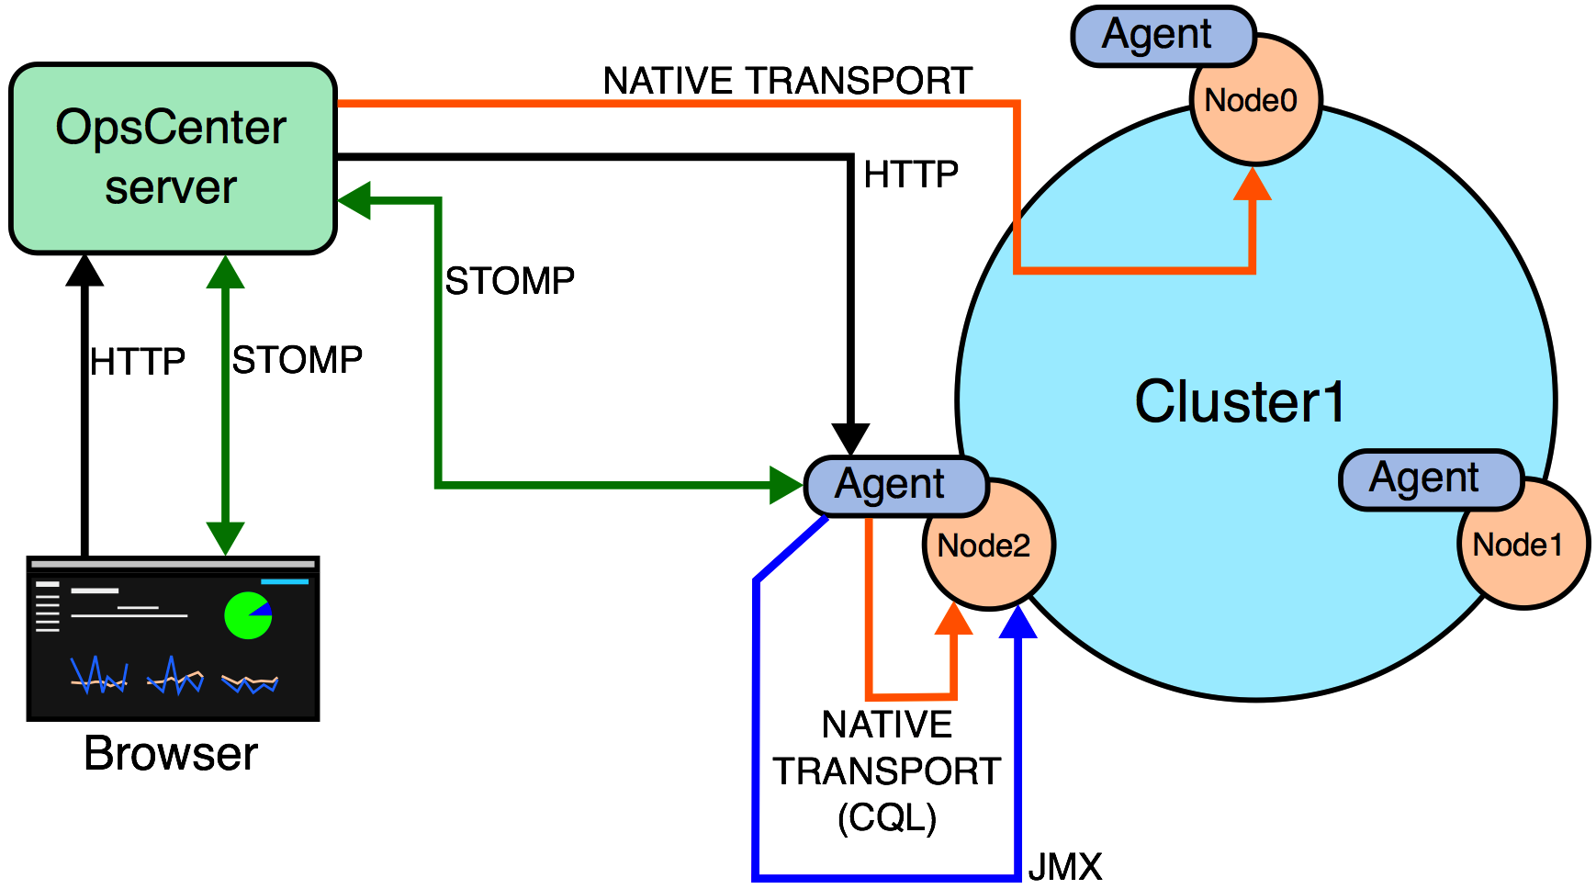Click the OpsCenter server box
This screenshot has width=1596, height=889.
(173, 158)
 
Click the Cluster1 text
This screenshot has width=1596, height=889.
(1240, 401)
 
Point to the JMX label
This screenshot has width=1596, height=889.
(1064, 867)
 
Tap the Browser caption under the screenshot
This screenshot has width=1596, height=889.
(171, 754)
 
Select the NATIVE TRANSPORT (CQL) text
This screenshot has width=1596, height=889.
(887, 771)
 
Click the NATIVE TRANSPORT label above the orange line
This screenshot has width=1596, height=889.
(787, 81)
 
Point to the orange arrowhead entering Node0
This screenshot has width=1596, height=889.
(1253, 184)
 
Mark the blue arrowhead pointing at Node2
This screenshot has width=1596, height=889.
(1018, 622)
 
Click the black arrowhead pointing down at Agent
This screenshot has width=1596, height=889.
(850, 438)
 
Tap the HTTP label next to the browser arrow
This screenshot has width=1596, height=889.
(138, 362)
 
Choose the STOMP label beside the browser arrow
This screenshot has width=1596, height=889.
(297, 360)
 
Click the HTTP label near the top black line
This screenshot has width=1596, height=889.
(911, 174)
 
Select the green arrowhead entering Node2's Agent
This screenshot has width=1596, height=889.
(785, 485)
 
